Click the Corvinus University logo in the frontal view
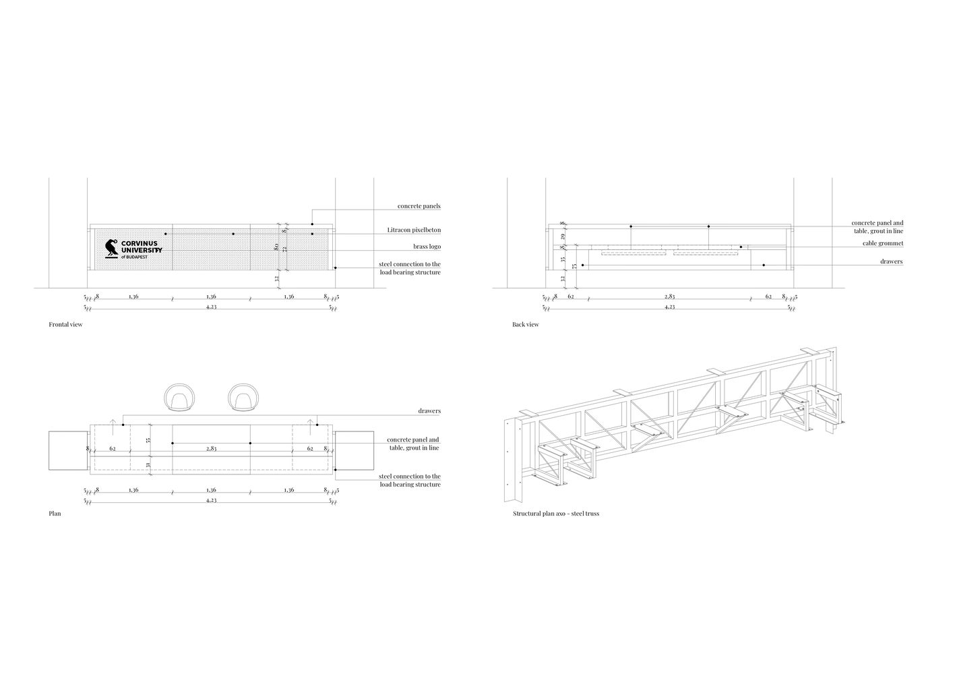[x=133, y=249]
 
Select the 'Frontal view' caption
[x=65, y=324]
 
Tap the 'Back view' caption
[x=525, y=324]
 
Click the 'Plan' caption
[x=55, y=514]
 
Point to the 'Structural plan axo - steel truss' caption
[x=555, y=514]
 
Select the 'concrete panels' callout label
[x=419, y=206]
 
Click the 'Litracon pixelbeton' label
[x=414, y=230]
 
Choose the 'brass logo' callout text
[x=427, y=247]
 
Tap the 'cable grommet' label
[x=882, y=243]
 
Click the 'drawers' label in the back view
[x=892, y=262]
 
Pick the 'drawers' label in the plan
[x=429, y=410]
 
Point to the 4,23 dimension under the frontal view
[x=211, y=307]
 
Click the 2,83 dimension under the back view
[x=669, y=296]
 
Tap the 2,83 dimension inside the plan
[x=211, y=448]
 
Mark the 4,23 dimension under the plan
[x=211, y=501]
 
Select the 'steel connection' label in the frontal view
[x=410, y=268]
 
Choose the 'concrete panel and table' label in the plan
[x=414, y=443]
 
